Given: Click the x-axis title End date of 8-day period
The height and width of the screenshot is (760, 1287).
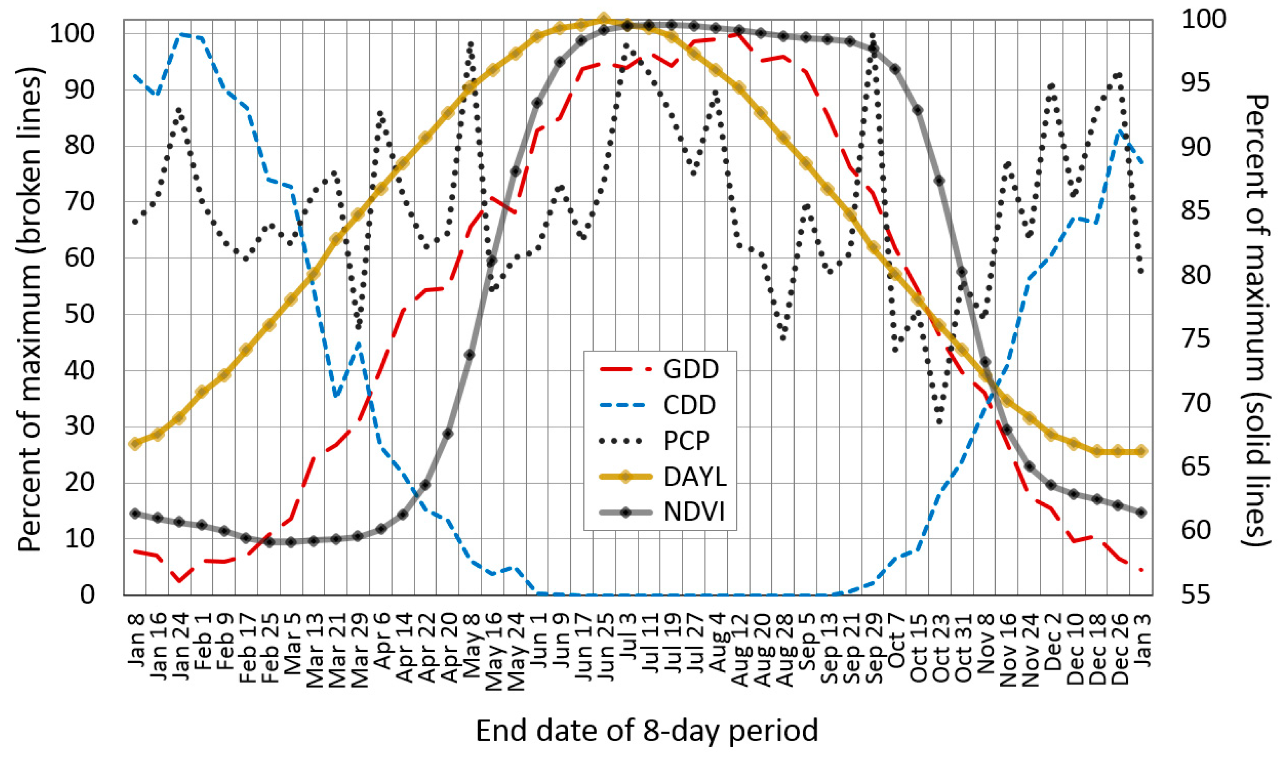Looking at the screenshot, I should [646, 731].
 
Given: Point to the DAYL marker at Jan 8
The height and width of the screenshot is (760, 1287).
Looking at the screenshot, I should [135, 443].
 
